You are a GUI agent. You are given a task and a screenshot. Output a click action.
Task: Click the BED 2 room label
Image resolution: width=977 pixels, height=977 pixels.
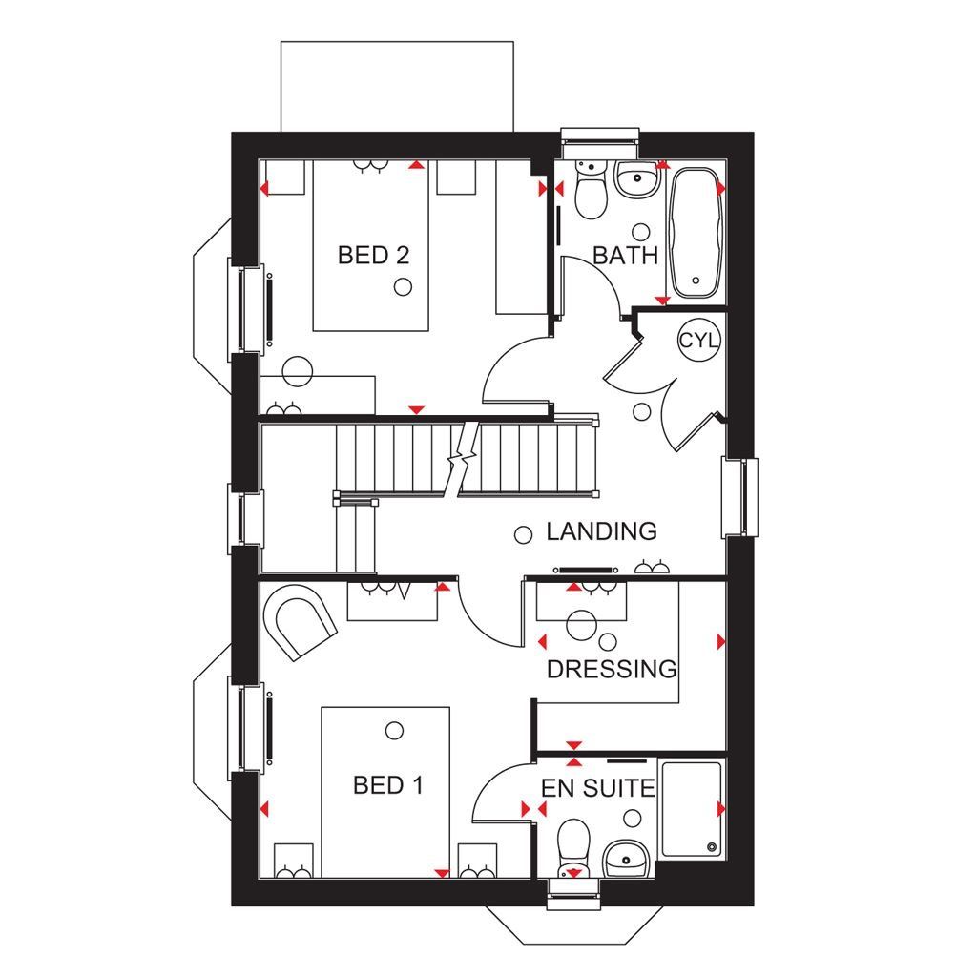[x=375, y=255]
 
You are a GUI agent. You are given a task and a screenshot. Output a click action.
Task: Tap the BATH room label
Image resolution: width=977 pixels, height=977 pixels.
[x=626, y=255]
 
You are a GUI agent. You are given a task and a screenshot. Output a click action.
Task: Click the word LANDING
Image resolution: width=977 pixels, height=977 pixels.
[x=601, y=531]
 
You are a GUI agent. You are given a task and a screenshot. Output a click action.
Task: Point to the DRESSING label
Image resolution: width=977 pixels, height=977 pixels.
[x=611, y=670]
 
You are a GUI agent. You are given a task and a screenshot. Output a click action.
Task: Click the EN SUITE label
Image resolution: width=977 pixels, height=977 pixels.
[x=598, y=789]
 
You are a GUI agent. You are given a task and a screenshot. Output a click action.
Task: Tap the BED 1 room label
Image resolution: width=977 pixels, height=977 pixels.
[x=387, y=785]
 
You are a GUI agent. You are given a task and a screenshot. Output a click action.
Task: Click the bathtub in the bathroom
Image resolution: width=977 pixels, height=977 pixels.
[x=693, y=233]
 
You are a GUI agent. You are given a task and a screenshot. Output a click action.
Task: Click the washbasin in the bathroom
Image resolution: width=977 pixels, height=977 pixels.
[x=637, y=179]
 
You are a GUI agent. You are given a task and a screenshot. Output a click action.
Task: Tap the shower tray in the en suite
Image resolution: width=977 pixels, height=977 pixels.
[x=691, y=809]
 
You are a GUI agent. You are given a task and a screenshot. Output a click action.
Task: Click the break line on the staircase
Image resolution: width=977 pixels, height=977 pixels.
[x=460, y=460]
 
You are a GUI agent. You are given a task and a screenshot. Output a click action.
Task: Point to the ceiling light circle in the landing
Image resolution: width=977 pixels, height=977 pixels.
[x=523, y=535]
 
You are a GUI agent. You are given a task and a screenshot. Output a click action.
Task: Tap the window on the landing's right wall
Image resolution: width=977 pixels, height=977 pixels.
[x=740, y=496]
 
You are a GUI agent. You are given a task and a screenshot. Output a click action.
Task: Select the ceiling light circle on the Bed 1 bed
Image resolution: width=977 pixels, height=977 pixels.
[x=394, y=731]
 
